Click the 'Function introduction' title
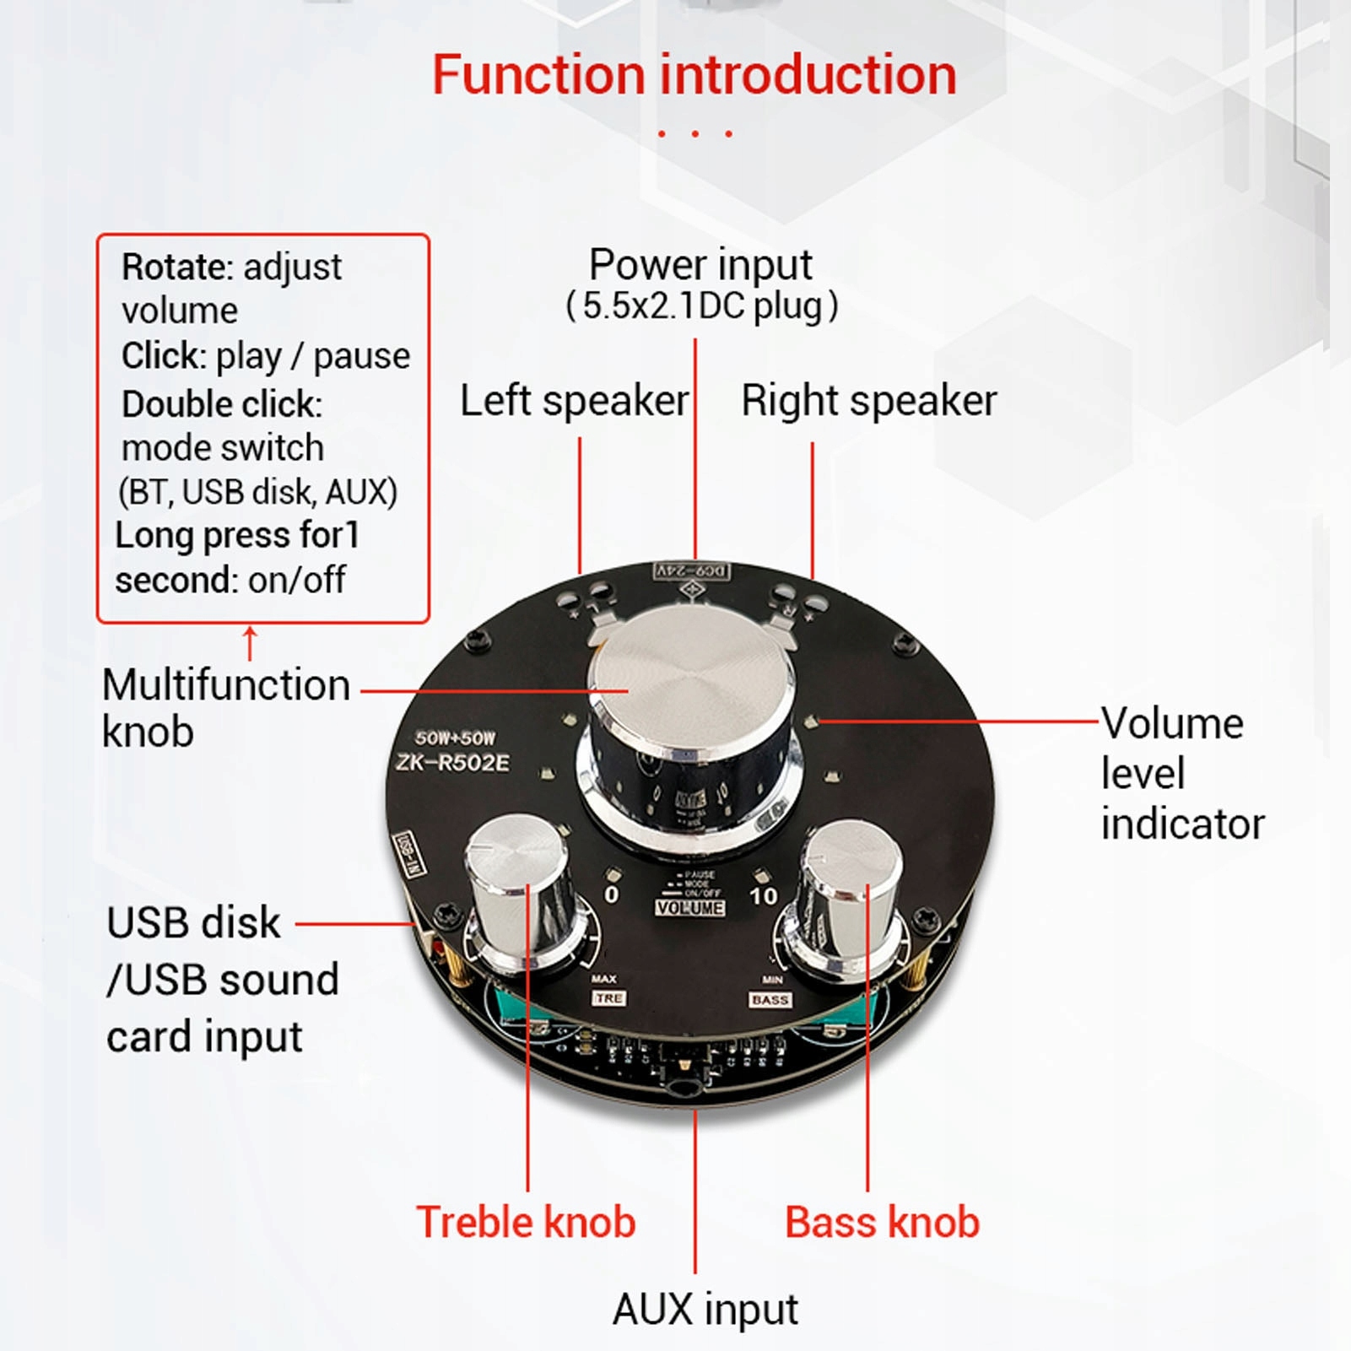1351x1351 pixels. point(694,75)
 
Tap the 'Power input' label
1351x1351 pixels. point(700,265)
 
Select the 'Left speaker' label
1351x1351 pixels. point(574,401)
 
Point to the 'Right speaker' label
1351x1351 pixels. point(868,401)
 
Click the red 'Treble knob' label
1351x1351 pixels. point(526,1222)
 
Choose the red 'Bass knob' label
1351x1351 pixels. point(882,1222)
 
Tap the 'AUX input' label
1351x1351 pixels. point(705,1309)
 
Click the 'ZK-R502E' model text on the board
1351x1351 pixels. point(453,763)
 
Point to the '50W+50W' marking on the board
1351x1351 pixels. point(455,738)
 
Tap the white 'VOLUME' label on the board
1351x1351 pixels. point(689,908)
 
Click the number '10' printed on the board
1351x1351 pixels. point(763,896)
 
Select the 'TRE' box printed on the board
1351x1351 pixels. point(609,998)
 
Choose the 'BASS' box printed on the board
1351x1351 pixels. point(770,1000)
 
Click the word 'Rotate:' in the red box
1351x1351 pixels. point(176,267)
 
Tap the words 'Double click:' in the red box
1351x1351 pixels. point(222,404)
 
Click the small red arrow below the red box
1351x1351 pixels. point(250,642)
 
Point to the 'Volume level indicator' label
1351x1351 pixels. point(1181,774)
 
